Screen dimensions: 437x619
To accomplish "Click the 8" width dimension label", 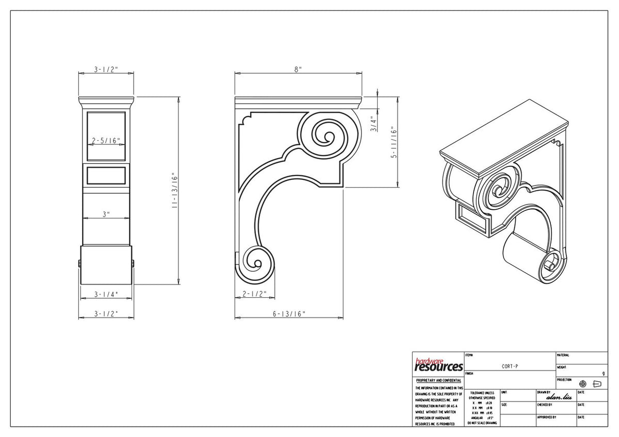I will point(298,70).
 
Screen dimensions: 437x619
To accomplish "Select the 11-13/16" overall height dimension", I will point(175,190).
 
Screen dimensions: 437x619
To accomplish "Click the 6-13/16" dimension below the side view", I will point(289,313).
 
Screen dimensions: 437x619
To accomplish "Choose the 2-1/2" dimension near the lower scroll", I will point(254,294).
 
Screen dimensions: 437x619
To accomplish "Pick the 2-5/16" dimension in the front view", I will point(106,140).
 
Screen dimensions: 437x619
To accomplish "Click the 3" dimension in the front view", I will point(106,214).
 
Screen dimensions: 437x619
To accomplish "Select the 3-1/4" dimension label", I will point(106,294).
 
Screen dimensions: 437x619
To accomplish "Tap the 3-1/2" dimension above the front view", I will point(106,70).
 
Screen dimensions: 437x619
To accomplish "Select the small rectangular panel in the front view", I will point(106,175).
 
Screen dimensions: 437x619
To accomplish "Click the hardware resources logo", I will point(438,365).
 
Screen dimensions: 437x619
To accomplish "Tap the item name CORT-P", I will point(510,366).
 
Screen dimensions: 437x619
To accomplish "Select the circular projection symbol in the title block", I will point(583,384).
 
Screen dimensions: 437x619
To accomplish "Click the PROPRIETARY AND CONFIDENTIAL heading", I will point(438,380).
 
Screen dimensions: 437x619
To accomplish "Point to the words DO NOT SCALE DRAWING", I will point(482,423).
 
